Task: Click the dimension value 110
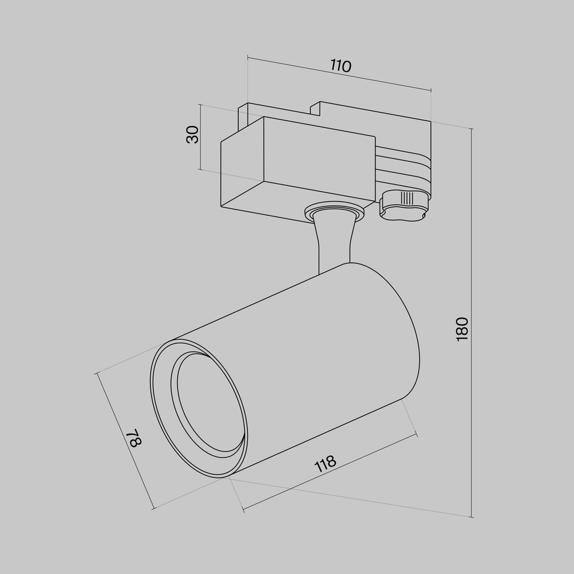(x=341, y=66)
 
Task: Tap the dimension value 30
(x=192, y=134)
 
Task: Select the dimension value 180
(x=462, y=329)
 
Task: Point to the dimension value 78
(x=134, y=438)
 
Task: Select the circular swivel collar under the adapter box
(x=334, y=212)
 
